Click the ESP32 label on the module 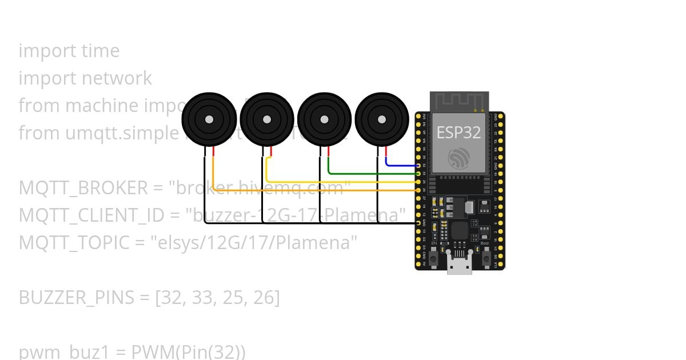tap(458, 133)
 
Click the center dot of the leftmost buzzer tap(209, 119)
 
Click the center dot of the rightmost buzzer tap(382, 119)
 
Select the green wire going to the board tap(372, 173)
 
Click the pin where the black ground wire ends tap(419, 222)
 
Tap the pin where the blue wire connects tap(419, 165)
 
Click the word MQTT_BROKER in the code tap(82, 188)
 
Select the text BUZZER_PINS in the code tap(77, 298)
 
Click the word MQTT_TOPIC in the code tap(74, 243)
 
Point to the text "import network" tap(85, 78)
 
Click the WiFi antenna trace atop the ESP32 tap(459, 102)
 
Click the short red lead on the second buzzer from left tap(272, 151)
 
